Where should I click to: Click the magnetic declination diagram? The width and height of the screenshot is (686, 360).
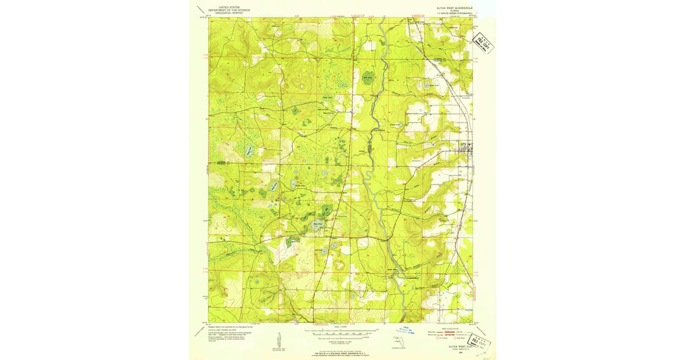tap(276, 341)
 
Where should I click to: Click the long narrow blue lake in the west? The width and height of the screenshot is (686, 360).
tap(250, 151)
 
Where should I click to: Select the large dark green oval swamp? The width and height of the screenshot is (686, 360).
tap(366, 78)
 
